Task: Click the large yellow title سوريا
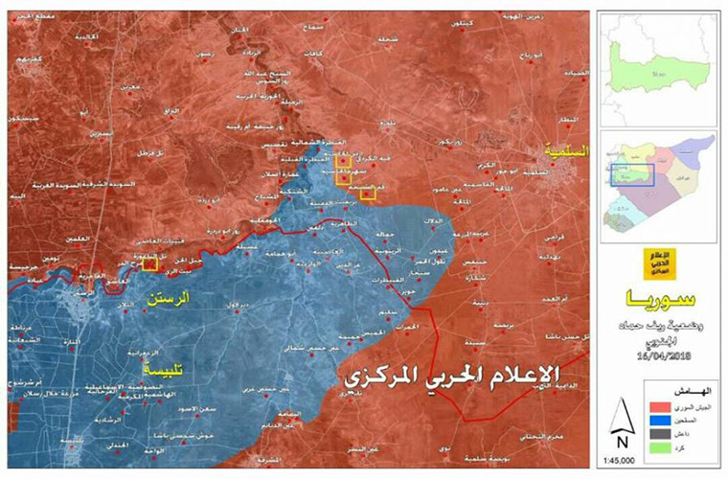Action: [658, 295]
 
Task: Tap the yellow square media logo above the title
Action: [659, 260]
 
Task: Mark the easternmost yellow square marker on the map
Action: [368, 195]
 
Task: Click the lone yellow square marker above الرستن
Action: [149, 264]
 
